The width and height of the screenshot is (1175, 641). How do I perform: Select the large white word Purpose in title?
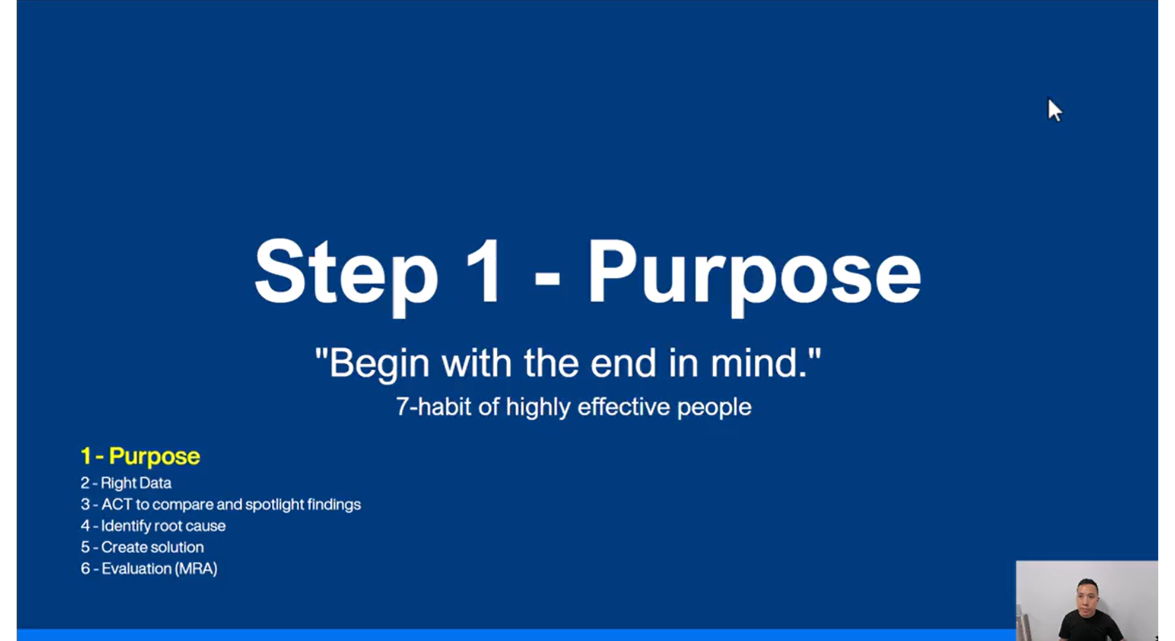[754, 277]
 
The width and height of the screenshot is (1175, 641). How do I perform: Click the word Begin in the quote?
[379, 364]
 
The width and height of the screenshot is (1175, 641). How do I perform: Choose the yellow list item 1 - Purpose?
[140, 456]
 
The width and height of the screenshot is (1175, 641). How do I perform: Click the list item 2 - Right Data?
[126, 483]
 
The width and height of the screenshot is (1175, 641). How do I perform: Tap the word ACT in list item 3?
[116, 504]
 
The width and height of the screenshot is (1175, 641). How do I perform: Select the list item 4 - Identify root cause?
[153, 526]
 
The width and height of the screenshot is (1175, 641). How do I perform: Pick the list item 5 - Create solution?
[142, 547]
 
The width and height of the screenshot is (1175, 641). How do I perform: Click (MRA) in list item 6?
[196, 569]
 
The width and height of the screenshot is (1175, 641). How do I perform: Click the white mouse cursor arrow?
[1054, 110]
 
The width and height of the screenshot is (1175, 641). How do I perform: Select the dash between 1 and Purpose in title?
[547, 277]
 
